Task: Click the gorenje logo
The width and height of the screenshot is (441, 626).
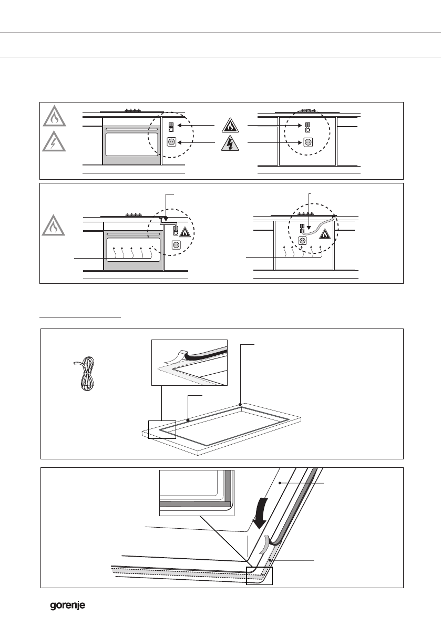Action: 67,606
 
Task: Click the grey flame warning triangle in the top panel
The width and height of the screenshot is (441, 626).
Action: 55,117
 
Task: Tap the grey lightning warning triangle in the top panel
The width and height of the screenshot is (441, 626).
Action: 55,141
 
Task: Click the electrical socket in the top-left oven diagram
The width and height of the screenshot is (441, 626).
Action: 171,142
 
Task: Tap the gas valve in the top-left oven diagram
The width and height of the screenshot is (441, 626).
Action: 171,127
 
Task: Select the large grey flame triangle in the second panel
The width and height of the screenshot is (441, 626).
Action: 55,226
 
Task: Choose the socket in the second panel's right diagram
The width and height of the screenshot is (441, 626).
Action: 303,241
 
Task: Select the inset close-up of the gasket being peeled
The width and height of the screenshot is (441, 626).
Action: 189,363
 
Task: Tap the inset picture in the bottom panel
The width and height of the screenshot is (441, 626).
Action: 197,493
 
